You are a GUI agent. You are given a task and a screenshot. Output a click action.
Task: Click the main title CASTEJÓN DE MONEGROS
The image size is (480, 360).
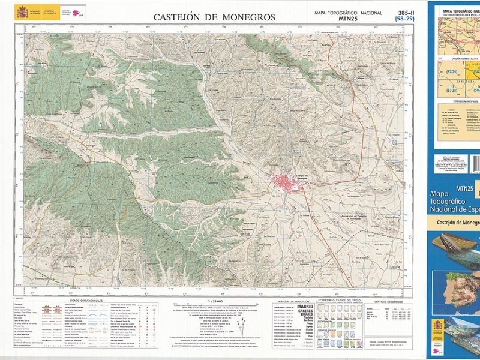point(214,17)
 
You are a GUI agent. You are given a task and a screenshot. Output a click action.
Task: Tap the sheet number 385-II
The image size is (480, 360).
point(405,13)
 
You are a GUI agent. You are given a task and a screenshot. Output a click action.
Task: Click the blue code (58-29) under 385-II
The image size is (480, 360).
point(405,19)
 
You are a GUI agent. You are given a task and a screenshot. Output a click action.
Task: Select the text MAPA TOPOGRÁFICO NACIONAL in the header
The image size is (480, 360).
point(348,13)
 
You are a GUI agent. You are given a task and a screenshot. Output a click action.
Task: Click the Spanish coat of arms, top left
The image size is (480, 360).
point(22,11)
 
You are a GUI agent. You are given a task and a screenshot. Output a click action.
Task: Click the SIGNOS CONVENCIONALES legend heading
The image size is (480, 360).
point(86,300)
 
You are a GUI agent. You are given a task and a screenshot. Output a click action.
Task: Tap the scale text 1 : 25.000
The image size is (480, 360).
point(214,300)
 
